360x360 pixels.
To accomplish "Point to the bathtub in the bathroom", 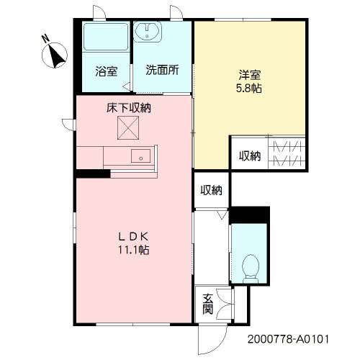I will [105, 40].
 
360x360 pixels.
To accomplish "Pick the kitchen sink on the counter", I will [141, 155].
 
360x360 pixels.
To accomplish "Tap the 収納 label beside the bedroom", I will [250, 156].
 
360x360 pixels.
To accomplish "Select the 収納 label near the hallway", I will [211, 190].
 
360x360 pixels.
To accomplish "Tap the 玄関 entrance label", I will [207, 304].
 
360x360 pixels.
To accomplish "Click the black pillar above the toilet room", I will [249, 214].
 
